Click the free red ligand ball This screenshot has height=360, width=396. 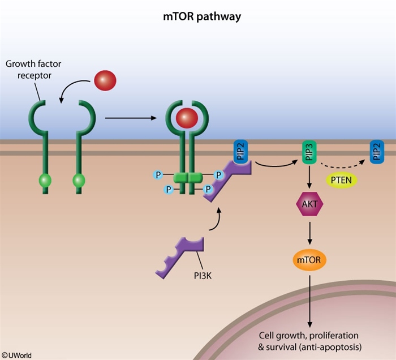tap(105, 80)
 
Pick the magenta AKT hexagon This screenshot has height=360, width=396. tap(309, 208)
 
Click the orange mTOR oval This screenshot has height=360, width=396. tap(309, 261)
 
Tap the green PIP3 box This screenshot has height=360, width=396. tap(309, 152)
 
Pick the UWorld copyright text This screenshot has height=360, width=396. tap(16, 355)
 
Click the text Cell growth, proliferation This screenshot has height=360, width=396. tap(309, 335)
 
